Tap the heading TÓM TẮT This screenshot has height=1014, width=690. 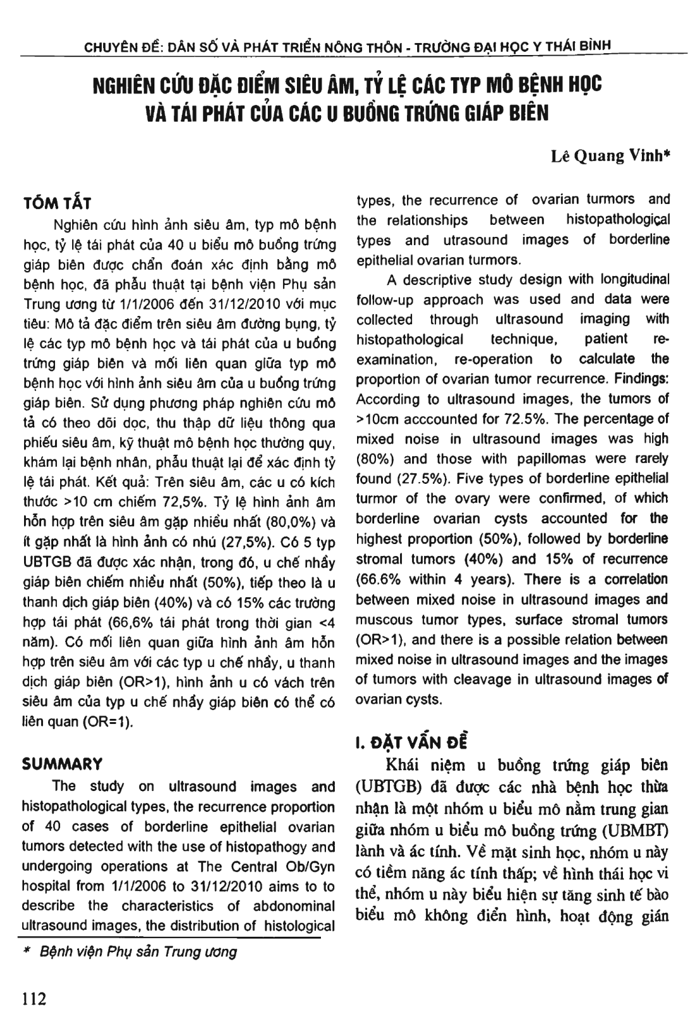point(56,203)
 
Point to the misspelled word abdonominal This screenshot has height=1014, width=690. point(294,906)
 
